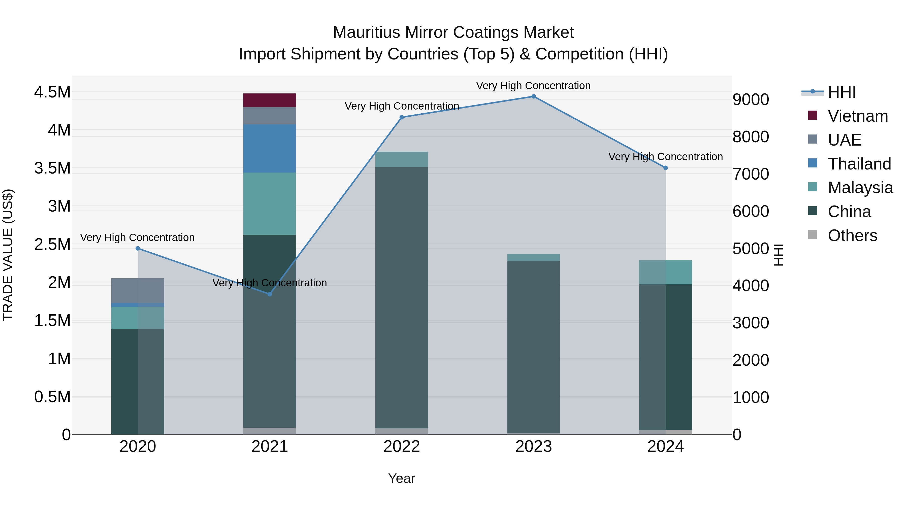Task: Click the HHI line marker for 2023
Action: point(533,96)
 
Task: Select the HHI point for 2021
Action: point(270,294)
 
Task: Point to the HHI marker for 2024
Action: point(665,168)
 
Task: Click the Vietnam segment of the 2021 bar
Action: point(270,100)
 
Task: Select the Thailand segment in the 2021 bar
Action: point(270,149)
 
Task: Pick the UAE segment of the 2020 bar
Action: point(138,291)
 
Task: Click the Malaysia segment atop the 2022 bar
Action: point(402,159)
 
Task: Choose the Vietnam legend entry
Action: point(858,116)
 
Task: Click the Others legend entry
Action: point(852,235)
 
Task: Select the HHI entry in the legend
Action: point(841,92)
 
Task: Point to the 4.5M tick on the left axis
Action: point(52,92)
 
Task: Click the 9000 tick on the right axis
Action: point(751,99)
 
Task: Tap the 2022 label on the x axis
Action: point(402,447)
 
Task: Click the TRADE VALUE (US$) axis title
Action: point(8,255)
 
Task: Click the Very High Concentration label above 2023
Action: point(533,86)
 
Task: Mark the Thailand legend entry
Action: point(859,164)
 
